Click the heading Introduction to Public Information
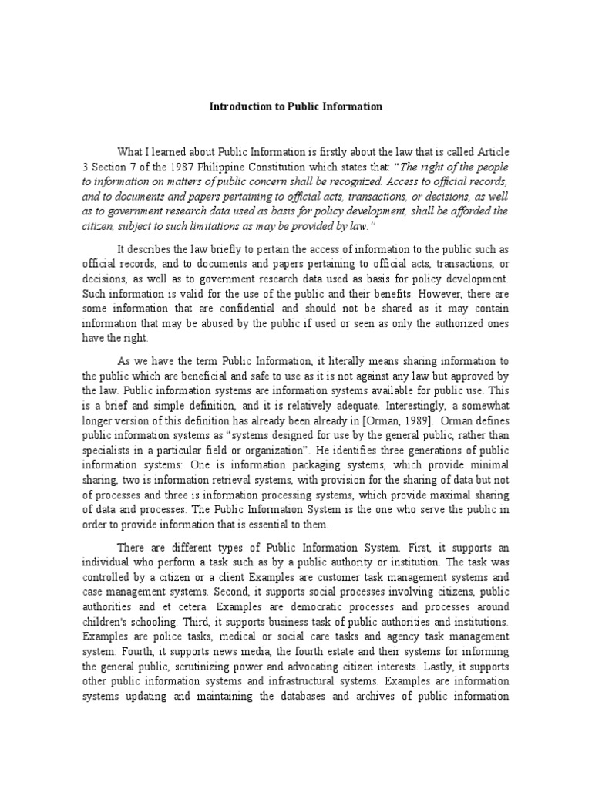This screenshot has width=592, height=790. coord(296,106)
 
